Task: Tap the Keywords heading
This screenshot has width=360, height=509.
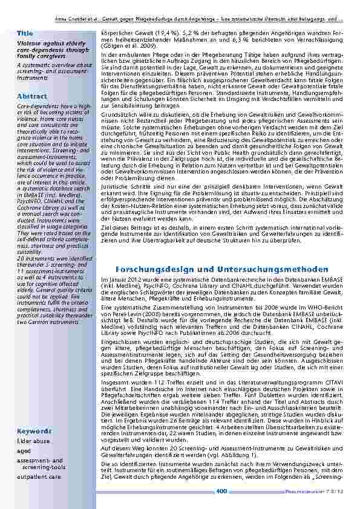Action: coord(33,432)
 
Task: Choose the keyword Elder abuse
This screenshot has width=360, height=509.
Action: coord(33,442)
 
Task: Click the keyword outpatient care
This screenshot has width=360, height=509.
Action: coord(39,476)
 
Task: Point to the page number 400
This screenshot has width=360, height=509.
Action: coord(221,491)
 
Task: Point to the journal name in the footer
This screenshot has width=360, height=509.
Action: coord(312,491)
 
